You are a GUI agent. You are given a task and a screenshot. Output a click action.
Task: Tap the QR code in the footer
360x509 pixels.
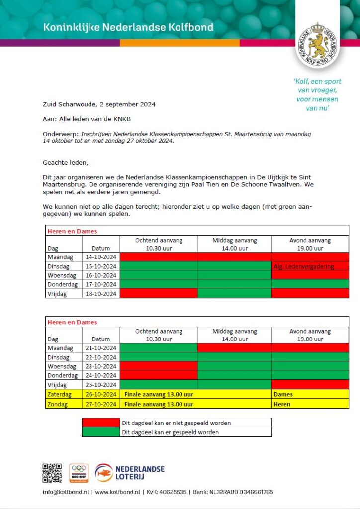pyautogui.click(x=52, y=473)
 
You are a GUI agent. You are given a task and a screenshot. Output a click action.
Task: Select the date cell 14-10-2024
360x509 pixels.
pyautogui.click(x=100, y=257)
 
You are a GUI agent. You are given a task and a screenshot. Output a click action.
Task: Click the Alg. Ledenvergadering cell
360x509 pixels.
pyautogui.click(x=310, y=266)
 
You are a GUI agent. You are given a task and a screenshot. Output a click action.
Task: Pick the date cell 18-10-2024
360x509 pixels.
pyautogui.click(x=100, y=293)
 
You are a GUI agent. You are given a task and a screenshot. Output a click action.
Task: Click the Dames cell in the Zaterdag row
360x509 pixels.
pyautogui.click(x=283, y=394)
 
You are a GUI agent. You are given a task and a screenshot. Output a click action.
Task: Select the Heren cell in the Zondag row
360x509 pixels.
pyautogui.click(x=282, y=404)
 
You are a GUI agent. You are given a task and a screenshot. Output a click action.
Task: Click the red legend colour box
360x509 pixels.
pyautogui.click(x=101, y=423)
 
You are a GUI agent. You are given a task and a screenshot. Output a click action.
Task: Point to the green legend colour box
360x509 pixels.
pyautogui.click(x=101, y=432)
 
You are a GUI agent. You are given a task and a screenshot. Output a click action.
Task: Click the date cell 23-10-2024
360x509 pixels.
pyautogui.click(x=100, y=366)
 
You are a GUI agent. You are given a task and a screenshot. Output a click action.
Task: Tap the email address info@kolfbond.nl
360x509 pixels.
pyautogui.click(x=65, y=492)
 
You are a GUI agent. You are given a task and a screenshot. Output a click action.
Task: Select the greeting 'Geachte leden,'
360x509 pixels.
pyautogui.click(x=65, y=162)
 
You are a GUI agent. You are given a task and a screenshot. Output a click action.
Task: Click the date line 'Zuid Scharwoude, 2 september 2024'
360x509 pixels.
pyautogui.click(x=99, y=104)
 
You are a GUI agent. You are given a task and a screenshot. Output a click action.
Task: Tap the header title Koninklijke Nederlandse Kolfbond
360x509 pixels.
pyautogui.click(x=128, y=27)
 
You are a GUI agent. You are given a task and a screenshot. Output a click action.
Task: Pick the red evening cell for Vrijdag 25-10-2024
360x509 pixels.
pyautogui.click(x=310, y=384)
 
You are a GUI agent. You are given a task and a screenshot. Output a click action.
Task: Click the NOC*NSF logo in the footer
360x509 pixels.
pyautogui.click(x=79, y=473)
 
